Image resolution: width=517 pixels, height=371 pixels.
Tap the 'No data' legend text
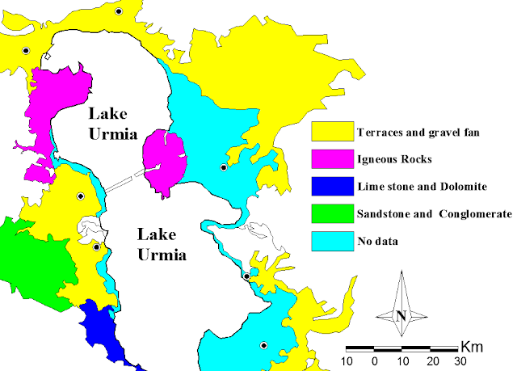[x=378, y=242]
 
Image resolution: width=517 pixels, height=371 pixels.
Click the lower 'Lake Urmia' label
[x=162, y=245]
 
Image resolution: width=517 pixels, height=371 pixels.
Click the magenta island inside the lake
[x=165, y=162]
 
